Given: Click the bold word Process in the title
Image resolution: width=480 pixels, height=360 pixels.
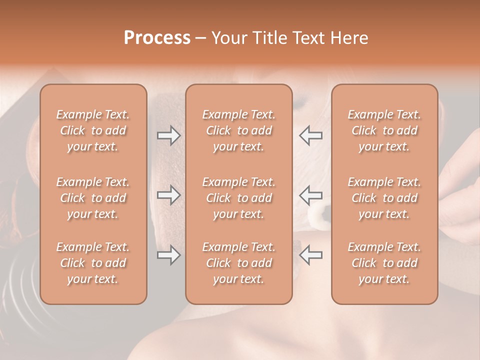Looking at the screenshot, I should (157, 38).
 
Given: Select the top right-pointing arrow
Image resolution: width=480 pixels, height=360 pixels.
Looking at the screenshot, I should (168, 135).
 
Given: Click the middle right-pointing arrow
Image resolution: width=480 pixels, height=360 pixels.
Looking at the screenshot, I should (168, 195).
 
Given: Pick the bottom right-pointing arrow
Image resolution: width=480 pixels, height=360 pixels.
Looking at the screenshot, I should (168, 255).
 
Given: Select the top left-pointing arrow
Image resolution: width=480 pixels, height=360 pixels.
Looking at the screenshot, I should (311, 135).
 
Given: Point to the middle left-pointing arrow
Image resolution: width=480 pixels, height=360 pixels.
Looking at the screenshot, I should (311, 195).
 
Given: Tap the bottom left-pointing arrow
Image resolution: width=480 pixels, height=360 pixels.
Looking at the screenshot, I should (311, 255).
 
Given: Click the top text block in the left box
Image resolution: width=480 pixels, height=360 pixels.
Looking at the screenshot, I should (93, 130).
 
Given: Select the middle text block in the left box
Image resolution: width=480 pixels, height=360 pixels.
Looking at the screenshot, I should (93, 198).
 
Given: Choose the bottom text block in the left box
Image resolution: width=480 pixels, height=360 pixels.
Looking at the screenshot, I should (93, 263).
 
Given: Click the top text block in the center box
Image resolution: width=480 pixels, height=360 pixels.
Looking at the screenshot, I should (238, 130).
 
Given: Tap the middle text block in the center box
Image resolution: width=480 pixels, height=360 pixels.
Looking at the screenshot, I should (238, 198).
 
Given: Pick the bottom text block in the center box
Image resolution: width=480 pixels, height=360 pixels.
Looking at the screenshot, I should (238, 263).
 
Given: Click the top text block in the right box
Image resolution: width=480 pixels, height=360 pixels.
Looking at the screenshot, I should (384, 130).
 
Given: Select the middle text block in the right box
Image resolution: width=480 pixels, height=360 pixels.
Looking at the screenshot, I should (384, 198).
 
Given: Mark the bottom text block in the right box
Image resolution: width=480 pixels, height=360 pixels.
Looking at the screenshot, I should (384, 263).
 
